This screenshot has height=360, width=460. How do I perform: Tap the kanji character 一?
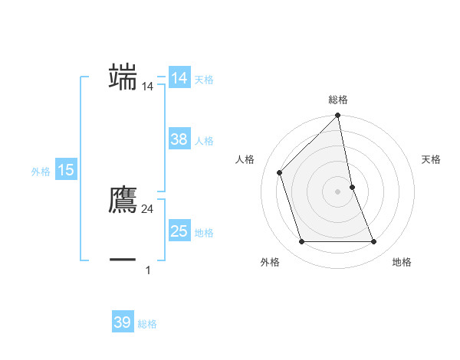click(x=123, y=260)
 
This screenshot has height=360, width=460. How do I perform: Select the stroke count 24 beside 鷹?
click(x=148, y=209)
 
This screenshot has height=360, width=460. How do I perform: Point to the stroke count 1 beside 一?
click(x=148, y=270)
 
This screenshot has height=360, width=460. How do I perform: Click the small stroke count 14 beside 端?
click(x=148, y=87)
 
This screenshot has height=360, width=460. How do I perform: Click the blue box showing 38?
click(x=179, y=139)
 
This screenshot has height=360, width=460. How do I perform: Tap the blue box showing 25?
click(x=179, y=231)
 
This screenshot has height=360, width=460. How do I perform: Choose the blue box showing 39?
click(x=122, y=322)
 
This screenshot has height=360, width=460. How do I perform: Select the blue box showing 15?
click(x=66, y=170)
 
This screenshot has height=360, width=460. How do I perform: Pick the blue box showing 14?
click(x=179, y=78)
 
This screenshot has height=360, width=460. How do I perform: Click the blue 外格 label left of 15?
click(x=41, y=172)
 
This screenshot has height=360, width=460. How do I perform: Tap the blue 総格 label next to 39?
click(x=147, y=324)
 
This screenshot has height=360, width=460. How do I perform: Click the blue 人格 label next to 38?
click(x=205, y=141)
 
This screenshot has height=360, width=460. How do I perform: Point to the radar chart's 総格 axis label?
click(x=338, y=100)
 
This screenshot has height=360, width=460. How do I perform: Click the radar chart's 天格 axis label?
click(x=431, y=159)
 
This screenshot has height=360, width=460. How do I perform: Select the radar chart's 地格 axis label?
click(x=402, y=262)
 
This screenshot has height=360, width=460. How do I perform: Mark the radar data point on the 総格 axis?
click(x=338, y=116)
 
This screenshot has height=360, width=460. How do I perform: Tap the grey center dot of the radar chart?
click(x=338, y=191)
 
